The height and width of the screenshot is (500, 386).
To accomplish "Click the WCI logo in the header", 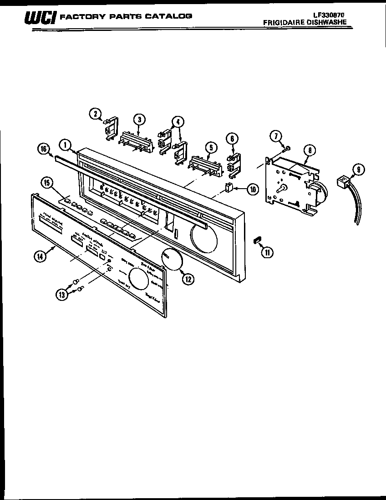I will tap(40, 18).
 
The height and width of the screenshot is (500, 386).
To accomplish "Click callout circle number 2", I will tap(95, 114).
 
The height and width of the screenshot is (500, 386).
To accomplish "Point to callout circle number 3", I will tap(139, 119).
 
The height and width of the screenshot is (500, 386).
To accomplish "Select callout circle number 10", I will tap(253, 189).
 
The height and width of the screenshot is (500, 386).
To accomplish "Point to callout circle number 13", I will tap(61, 295).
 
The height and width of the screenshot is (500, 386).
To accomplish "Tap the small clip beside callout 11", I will tap(257, 239).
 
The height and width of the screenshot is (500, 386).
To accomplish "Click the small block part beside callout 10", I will tap(229, 188).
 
